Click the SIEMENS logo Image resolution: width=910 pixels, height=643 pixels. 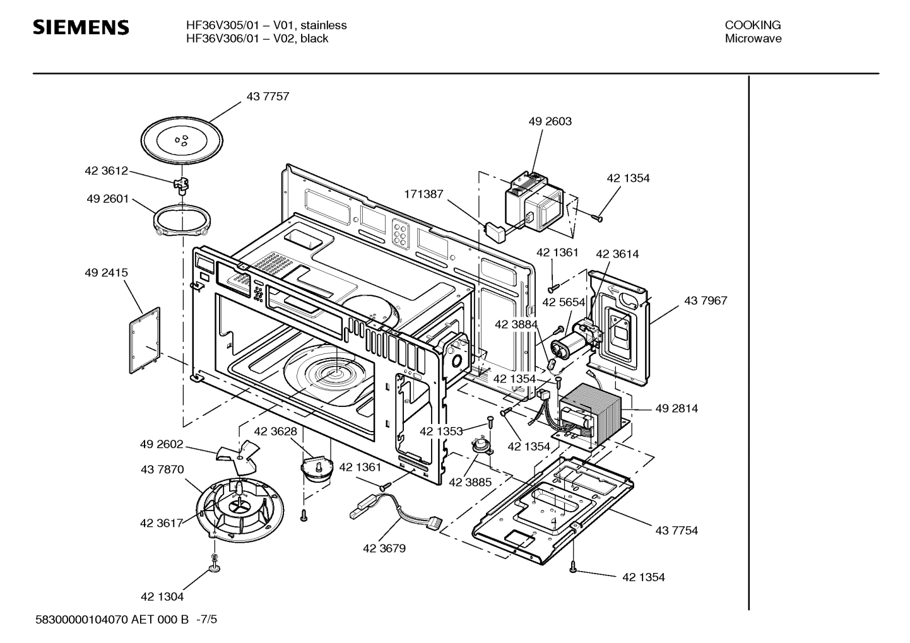(81, 28)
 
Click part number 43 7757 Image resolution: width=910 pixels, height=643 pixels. (268, 97)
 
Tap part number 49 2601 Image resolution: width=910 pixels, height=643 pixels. (107, 199)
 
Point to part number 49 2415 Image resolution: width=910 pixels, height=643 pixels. (106, 273)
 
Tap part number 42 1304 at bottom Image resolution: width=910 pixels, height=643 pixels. (162, 596)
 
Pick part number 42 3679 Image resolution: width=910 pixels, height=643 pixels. (384, 548)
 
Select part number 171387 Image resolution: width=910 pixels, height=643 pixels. (423, 194)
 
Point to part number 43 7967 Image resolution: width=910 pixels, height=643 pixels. (705, 300)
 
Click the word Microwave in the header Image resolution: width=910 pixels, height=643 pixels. (752, 38)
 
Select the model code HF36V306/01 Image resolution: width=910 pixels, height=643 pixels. (221, 38)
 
